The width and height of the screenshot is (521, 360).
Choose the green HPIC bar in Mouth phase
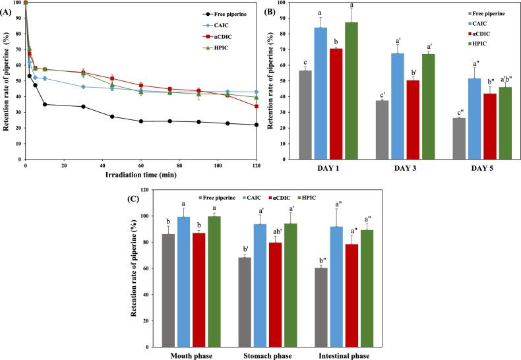[212, 262]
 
